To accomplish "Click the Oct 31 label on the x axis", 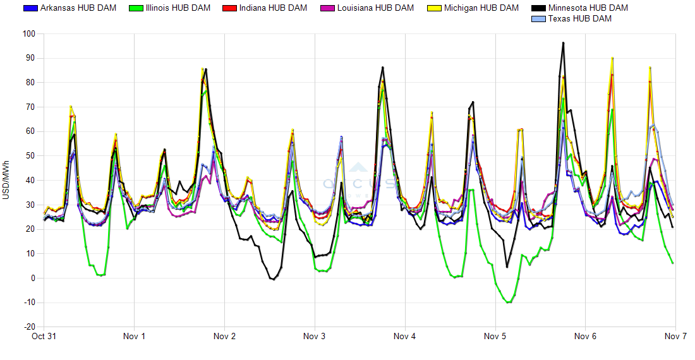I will point(44,337).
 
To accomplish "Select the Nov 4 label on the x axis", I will point(404,337).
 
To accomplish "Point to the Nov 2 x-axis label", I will point(224,337).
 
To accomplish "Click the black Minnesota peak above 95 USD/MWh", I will point(563,43).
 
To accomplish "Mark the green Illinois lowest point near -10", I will point(508,303).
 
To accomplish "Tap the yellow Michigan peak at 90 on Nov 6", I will point(612,58).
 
